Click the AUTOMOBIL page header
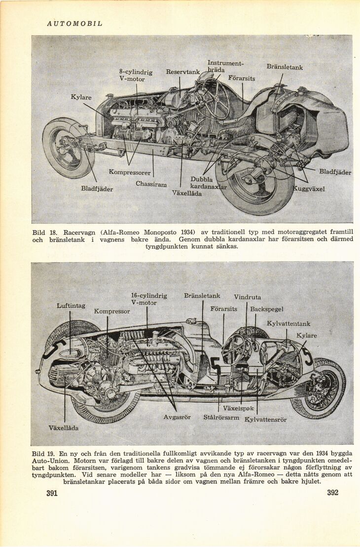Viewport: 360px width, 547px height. [74, 24]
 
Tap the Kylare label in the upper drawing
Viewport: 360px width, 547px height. [81, 98]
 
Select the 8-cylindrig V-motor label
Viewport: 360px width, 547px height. [136, 75]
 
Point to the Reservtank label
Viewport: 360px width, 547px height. [182, 72]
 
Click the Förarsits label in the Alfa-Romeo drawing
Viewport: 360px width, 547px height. [242, 78]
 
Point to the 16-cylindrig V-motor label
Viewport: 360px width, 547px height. [148, 299]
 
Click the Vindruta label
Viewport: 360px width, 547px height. [247, 297]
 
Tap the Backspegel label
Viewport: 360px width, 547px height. [267, 309]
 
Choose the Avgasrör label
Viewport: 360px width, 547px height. [177, 417]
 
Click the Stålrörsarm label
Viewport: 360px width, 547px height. [221, 417]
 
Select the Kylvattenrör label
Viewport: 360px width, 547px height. [265, 420]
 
